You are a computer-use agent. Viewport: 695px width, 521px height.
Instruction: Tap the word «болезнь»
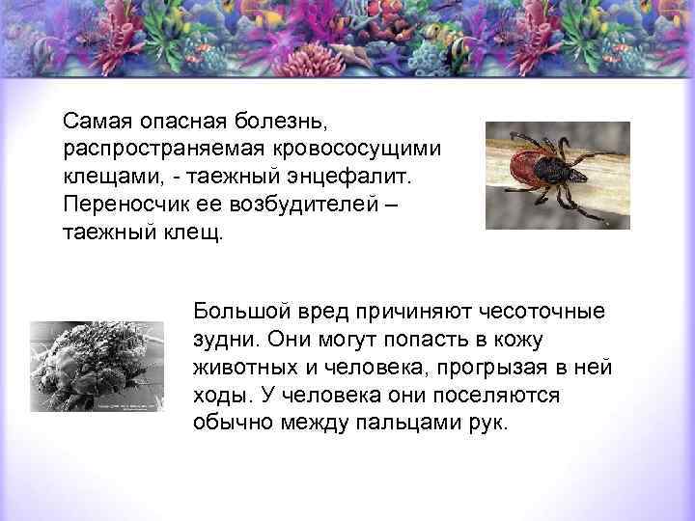[287, 123]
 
